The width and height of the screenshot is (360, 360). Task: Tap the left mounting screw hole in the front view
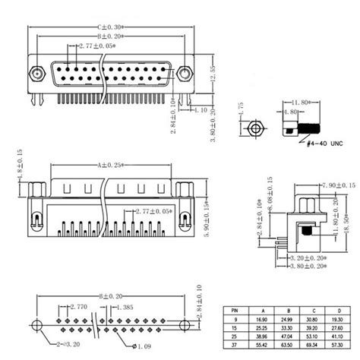(36, 74)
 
